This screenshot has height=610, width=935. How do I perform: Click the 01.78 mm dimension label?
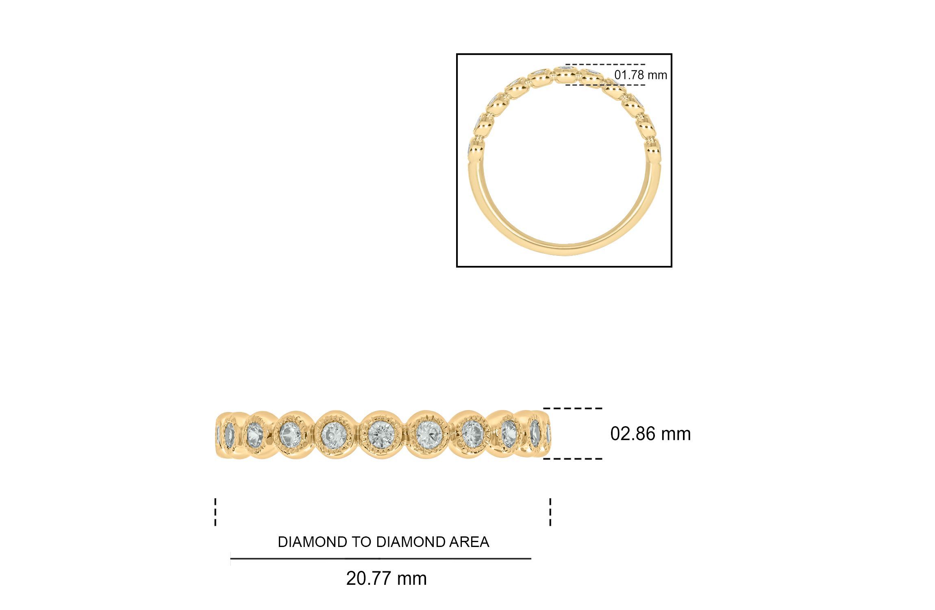click(640, 75)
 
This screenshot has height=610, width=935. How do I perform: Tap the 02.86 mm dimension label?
click(650, 434)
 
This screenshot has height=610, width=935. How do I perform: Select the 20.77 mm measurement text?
click(386, 578)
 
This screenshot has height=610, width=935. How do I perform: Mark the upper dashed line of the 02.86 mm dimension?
click(573, 408)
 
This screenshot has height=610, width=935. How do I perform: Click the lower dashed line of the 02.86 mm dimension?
click(573, 459)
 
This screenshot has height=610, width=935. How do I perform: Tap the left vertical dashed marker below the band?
click(215, 512)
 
